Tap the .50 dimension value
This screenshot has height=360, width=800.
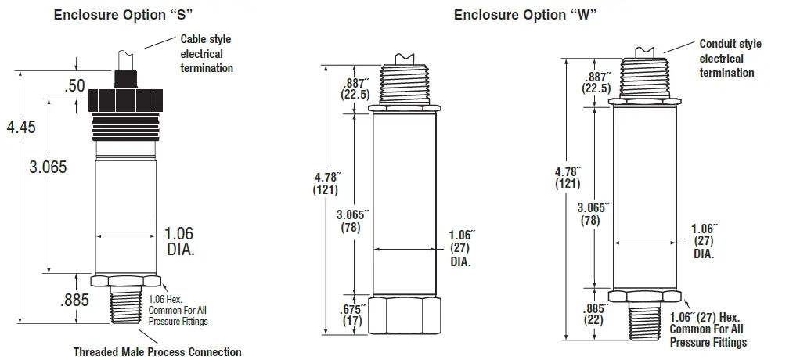click(x=74, y=86)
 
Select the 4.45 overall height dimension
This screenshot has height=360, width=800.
click(x=21, y=128)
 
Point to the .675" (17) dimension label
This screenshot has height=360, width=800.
click(x=351, y=314)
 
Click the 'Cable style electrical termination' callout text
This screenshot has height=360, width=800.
click(x=207, y=53)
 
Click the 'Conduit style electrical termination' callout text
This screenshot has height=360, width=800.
click(x=730, y=58)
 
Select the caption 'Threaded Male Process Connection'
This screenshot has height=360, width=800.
click(x=157, y=352)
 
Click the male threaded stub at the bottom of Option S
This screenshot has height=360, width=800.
click(x=127, y=306)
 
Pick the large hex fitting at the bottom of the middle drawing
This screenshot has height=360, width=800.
click(x=404, y=315)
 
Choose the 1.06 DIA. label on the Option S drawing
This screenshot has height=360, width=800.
click(x=178, y=242)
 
